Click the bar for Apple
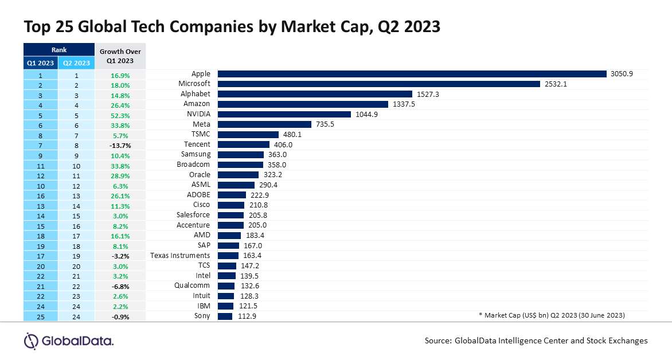click(x=412, y=74)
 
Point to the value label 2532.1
click(x=557, y=84)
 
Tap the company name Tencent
click(x=197, y=144)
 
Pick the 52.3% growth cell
click(x=120, y=114)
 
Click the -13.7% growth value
click(x=120, y=144)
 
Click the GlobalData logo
click(x=69, y=341)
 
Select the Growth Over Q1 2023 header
click(x=120, y=56)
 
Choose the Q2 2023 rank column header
click(x=76, y=63)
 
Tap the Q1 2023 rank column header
click(x=40, y=63)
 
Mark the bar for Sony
click(x=225, y=316)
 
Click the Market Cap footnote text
click(x=551, y=316)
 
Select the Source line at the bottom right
click(x=536, y=341)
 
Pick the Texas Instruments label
click(x=180, y=256)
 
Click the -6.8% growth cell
click(x=120, y=285)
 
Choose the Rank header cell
click(x=58, y=50)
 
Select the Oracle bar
click(x=238, y=175)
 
